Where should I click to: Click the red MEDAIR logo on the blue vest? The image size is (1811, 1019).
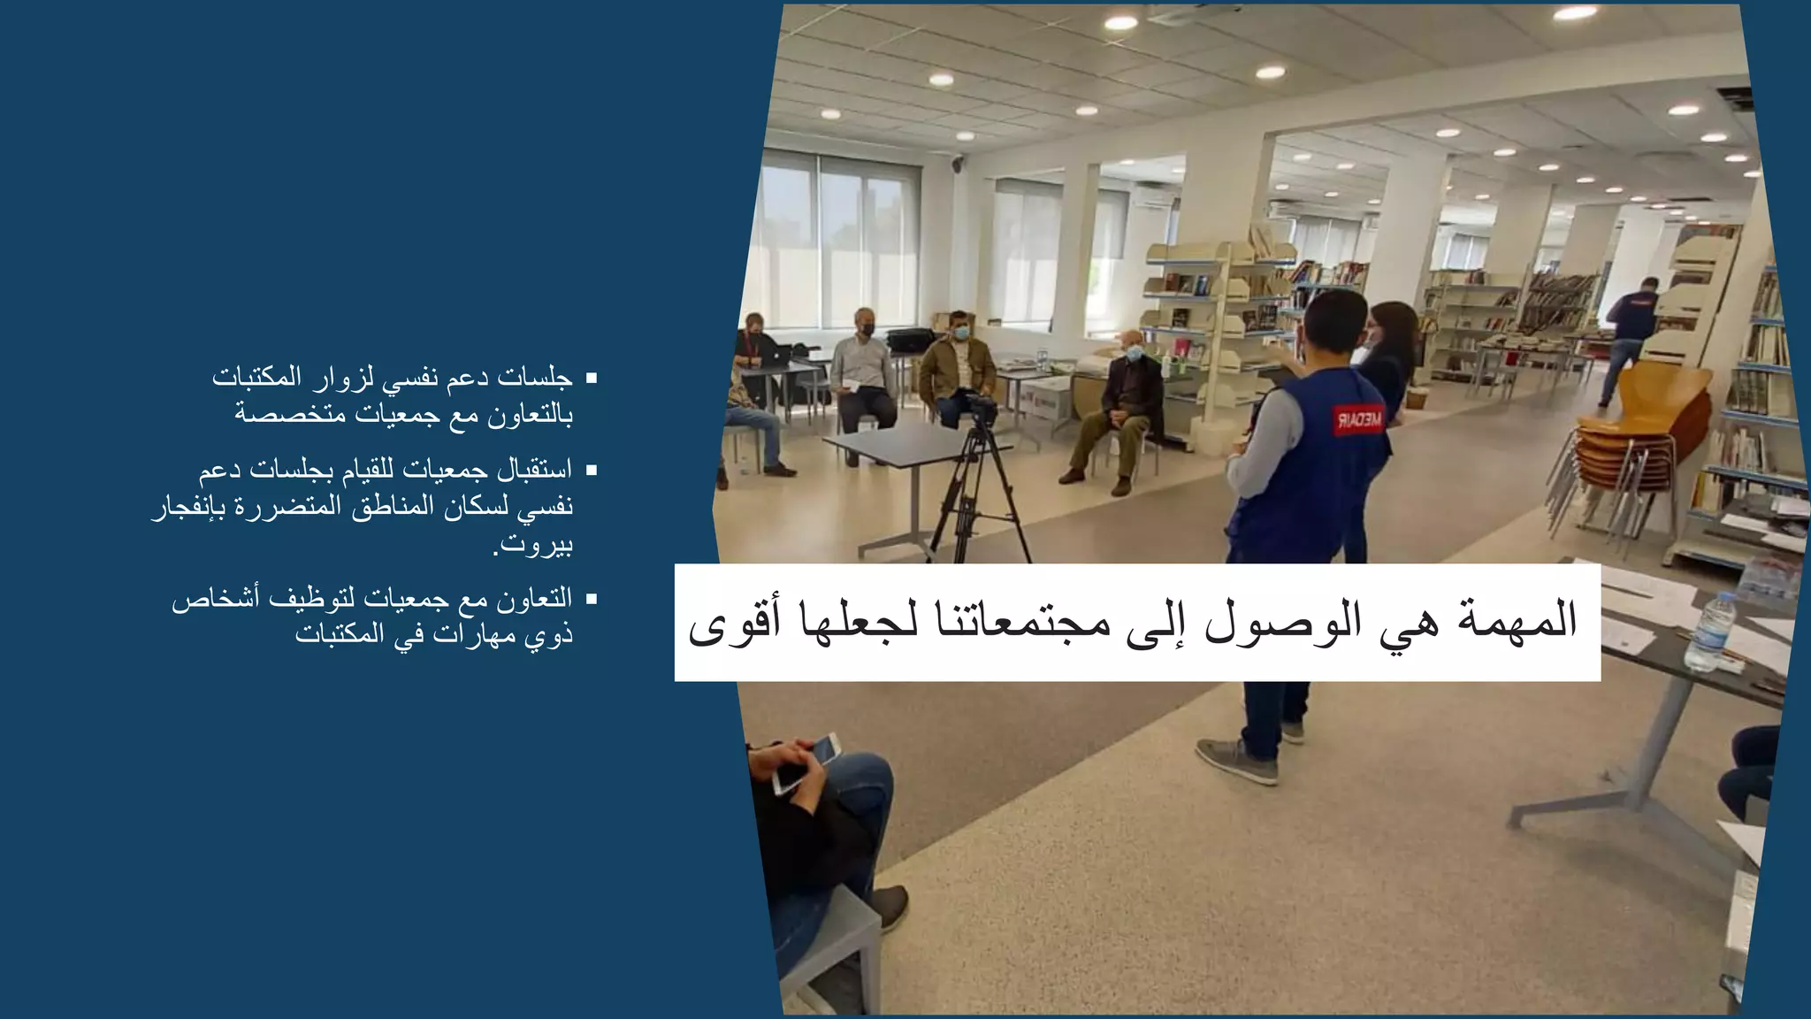pyautogui.click(x=1359, y=418)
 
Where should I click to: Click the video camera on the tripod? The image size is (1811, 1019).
pyautogui.click(x=979, y=410)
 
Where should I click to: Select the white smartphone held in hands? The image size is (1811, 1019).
pyautogui.click(x=806, y=763)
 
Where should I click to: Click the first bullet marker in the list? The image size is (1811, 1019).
pyautogui.click(x=592, y=379)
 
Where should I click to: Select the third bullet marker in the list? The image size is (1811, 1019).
pyautogui.click(x=592, y=600)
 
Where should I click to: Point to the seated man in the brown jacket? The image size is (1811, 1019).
pyautogui.click(x=955, y=367)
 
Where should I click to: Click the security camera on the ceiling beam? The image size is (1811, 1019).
pyautogui.click(x=958, y=162)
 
